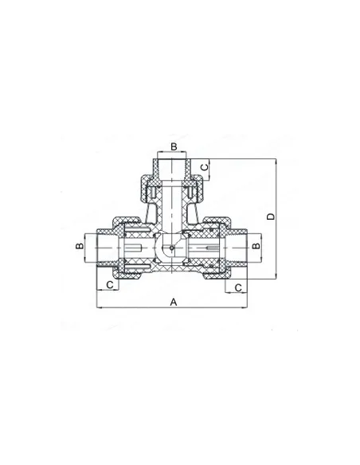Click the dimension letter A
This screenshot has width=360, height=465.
tap(174, 303)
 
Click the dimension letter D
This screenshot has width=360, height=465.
tap(271, 217)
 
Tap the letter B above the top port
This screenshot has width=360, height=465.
tap(174, 147)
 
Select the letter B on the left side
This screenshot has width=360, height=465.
tap(80, 246)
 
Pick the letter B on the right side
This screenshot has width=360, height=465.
tap(256, 246)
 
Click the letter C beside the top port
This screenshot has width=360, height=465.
tap(205, 167)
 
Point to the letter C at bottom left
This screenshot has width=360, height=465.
tap(110, 285)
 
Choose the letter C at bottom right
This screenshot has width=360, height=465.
tap(238, 287)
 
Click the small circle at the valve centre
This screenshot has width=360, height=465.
tap(172, 248)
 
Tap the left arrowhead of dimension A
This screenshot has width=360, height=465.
tap(99, 307)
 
